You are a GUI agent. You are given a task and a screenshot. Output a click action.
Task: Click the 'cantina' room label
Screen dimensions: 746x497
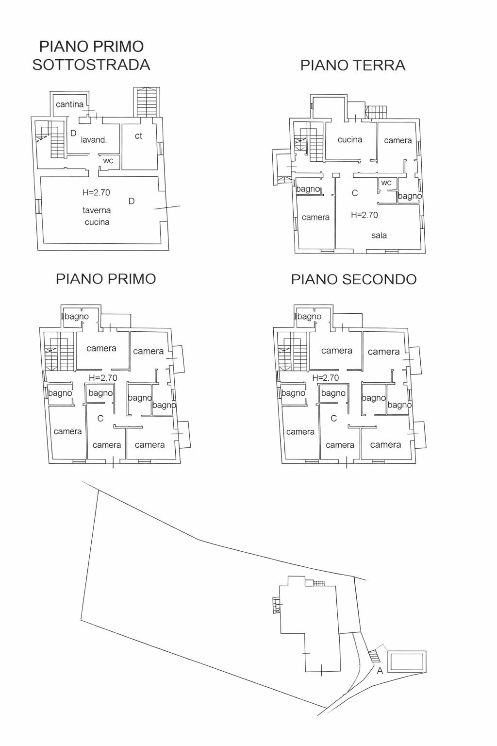(x=69, y=104)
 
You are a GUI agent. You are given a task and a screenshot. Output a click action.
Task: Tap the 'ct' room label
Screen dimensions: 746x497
(x=138, y=136)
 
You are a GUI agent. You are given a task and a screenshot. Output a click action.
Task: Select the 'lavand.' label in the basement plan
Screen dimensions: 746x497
(x=94, y=140)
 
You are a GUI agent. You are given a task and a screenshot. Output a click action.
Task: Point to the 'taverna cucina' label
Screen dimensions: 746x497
(x=97, y=216)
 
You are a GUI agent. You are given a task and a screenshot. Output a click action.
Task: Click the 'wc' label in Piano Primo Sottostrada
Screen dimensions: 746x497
(x=108, y=161)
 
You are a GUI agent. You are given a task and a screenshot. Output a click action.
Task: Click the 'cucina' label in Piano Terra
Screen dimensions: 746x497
(x=350, y=139)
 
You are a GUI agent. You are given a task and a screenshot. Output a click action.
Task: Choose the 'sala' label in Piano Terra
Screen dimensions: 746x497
(x=379, y=236)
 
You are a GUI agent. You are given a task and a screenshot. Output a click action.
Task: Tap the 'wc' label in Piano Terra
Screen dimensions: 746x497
(x=386, y=183)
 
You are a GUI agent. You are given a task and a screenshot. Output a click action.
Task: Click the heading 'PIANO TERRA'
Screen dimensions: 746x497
(x=353, y=65)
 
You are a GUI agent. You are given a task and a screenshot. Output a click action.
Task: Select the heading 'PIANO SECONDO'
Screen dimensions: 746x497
(x=354, y=279)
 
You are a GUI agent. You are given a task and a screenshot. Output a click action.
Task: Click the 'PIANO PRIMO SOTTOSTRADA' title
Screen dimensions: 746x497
(x=91, y=55)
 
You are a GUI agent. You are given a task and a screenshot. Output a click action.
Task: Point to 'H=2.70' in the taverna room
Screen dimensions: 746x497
(x=96, y=192)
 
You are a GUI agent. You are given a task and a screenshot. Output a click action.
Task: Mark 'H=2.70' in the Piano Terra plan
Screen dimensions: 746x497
(x=364, y=215)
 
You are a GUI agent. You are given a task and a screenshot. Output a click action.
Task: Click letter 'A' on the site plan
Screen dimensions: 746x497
(x=380, y=671)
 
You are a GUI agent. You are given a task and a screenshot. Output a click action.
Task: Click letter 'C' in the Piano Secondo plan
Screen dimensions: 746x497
(x=333, y=418)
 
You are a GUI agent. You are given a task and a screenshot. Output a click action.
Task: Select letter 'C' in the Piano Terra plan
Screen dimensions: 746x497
(x=355, y=193)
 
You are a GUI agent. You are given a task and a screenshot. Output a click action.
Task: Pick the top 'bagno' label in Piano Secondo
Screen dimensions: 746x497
(x=309, y=317)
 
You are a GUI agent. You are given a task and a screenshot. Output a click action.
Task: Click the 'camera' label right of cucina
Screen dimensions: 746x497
(x=398, y=140)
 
